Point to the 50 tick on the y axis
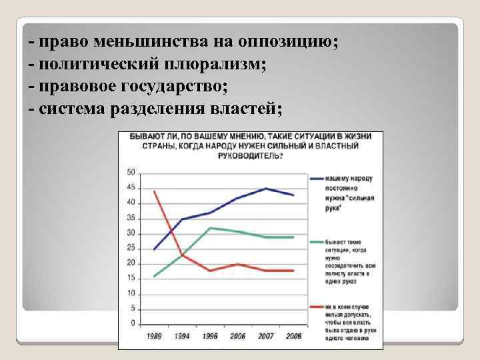click(131, 172)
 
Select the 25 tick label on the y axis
click(131, 248)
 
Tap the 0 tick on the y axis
click(133, 323)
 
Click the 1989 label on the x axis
click(155, 335)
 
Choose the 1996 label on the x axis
click(211, 335)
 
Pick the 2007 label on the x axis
click(266, 335)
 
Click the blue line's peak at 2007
click(266, 189)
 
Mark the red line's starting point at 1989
click(155, 191)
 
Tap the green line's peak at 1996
click(211, 227)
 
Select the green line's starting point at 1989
click(155, 276)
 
